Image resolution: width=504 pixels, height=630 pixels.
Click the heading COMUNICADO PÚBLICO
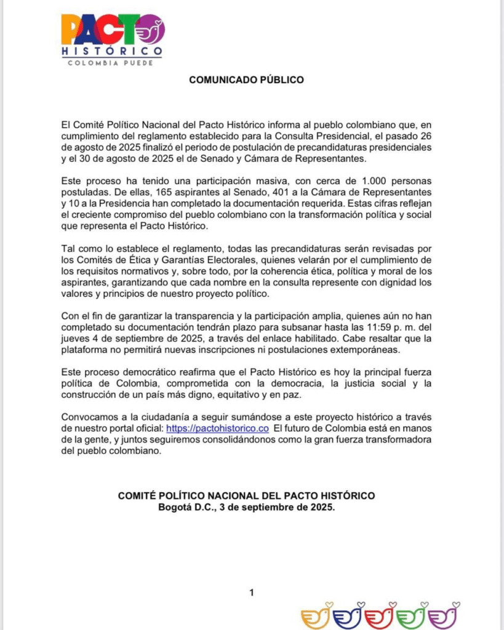(246, 80)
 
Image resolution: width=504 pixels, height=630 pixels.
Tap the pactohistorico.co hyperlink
(218, 429)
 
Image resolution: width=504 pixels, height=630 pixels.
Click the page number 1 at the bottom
(252, 593)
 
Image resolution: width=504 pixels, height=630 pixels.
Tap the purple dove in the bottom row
(446, 616)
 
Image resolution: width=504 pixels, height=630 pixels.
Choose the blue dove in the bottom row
(349, 616)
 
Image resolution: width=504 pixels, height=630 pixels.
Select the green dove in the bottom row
(412, 616)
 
